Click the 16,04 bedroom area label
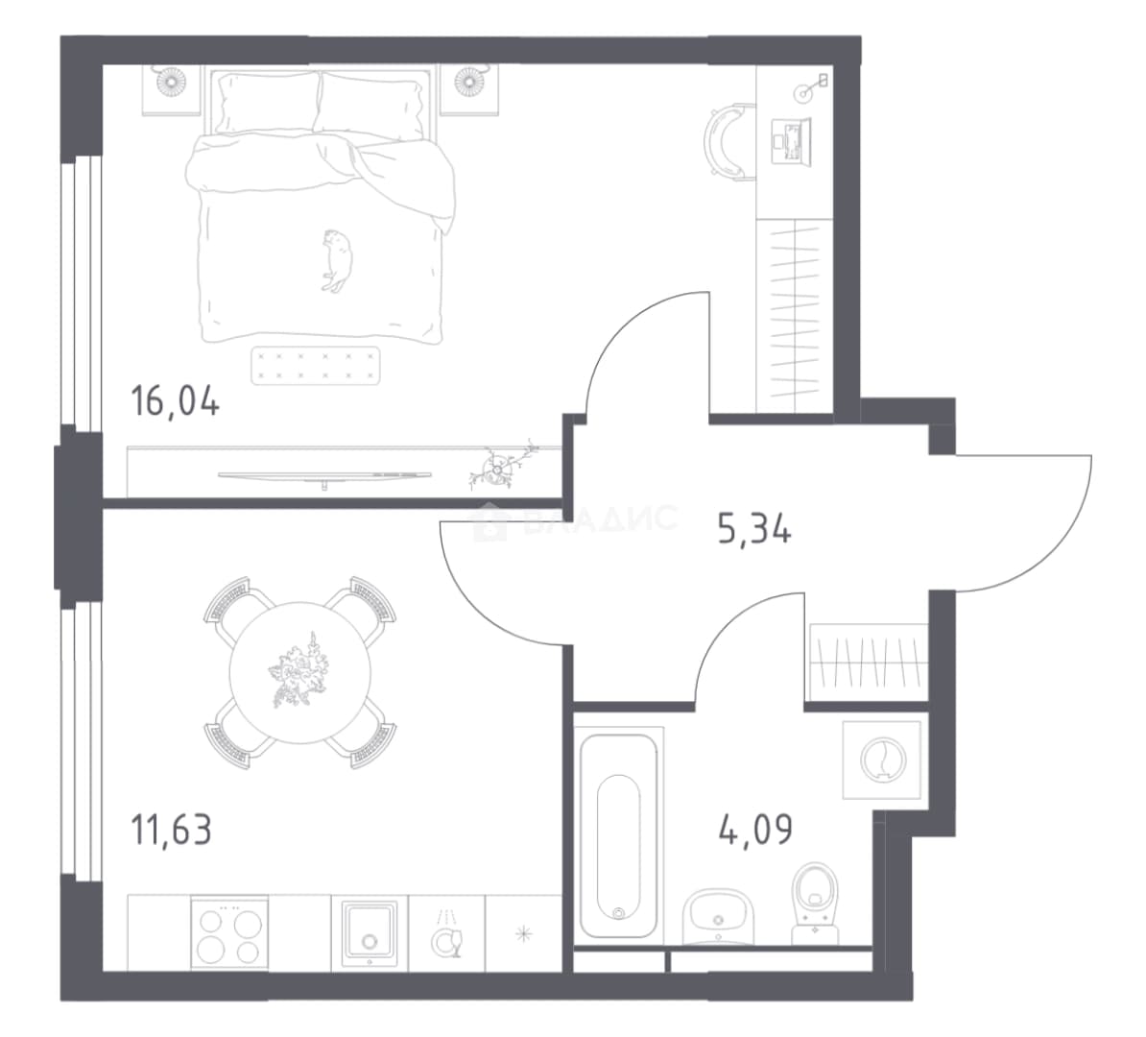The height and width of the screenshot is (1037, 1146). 175,401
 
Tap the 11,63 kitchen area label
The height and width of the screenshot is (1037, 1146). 171,830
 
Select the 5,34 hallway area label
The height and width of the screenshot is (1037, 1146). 754,528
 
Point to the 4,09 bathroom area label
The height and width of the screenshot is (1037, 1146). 755,830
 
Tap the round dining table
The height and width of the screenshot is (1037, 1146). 299,672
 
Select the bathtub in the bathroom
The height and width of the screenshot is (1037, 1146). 618,834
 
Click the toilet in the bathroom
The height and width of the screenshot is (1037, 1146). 816,902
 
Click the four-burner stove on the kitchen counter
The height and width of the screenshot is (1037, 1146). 229,932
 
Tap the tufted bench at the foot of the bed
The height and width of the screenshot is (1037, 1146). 316,366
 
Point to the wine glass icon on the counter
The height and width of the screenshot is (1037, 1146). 446,938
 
